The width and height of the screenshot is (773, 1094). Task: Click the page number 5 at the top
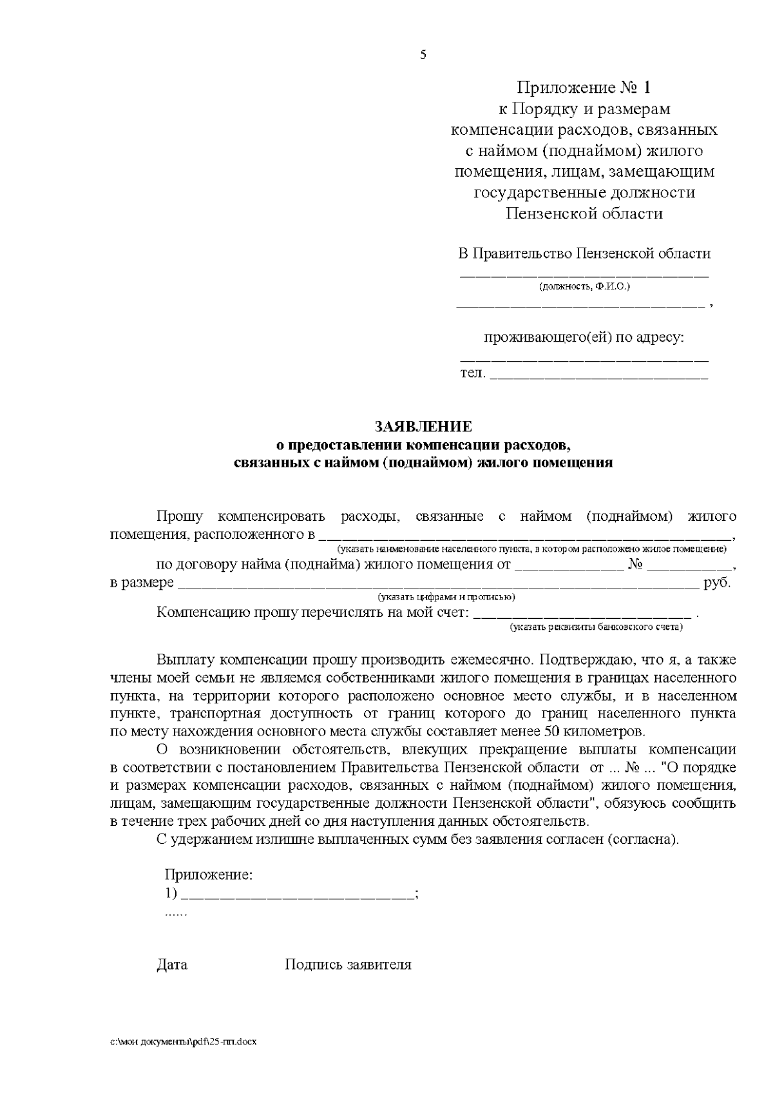(x=423, y=55)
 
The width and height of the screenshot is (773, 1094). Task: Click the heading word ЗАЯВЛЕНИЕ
(x=423, y=427)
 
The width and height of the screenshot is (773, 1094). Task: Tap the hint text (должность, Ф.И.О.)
(x=584, y=286)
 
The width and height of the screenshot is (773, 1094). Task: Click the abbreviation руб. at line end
(x=718, y=583)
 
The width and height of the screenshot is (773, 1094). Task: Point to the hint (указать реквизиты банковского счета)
(x=596, y=627)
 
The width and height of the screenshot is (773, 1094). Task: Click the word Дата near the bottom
(x=172, y=965)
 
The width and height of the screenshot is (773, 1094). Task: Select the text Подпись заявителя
(x=348, y=965)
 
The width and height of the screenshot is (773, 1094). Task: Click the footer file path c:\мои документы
(x=184, y=1042)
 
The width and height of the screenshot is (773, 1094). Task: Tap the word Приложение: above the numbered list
(x=209, y=875)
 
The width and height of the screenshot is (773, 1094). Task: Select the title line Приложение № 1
(x=584, y=87)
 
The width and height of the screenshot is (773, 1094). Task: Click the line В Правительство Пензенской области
(x=584, y=253)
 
